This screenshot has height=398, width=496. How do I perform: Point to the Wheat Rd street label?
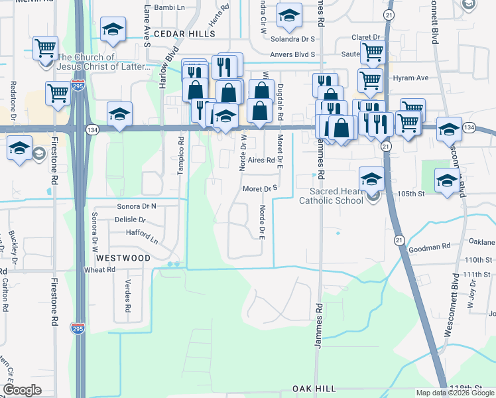100,270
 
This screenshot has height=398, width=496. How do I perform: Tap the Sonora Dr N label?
137,206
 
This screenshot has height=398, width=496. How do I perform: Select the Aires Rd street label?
261,161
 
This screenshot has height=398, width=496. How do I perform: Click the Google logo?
22,390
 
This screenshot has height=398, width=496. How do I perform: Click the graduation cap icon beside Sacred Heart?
371,178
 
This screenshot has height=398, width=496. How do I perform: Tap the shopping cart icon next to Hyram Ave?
370,80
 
